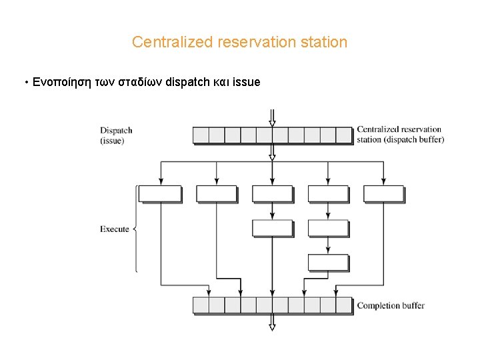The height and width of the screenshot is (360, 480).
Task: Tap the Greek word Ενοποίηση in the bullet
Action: click(59, 83)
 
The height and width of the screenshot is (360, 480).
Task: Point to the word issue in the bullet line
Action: click(247, 83)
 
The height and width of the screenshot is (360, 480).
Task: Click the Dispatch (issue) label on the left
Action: click(116, 135)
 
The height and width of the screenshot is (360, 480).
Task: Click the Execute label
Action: click(114, 229)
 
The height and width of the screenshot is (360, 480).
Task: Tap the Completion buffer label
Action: click(391, 306)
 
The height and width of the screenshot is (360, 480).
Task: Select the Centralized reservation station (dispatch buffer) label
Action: click(400, 135)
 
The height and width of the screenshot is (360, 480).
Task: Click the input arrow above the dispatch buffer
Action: click(272, 119)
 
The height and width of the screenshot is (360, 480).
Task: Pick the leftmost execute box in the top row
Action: click(160, 194)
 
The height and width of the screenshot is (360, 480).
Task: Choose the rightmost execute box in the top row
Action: click(383, 194)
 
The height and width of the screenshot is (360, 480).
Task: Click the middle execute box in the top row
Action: click(272, 194)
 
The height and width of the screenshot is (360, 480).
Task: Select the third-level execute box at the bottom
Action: click(328, 262)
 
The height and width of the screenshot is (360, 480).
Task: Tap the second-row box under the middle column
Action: click(272, 228)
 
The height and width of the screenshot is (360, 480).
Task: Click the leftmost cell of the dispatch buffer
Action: click(201, 135)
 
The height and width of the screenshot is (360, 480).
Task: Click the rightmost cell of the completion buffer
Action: click(343, 305)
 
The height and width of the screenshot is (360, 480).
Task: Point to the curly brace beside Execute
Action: click(136, 229)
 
